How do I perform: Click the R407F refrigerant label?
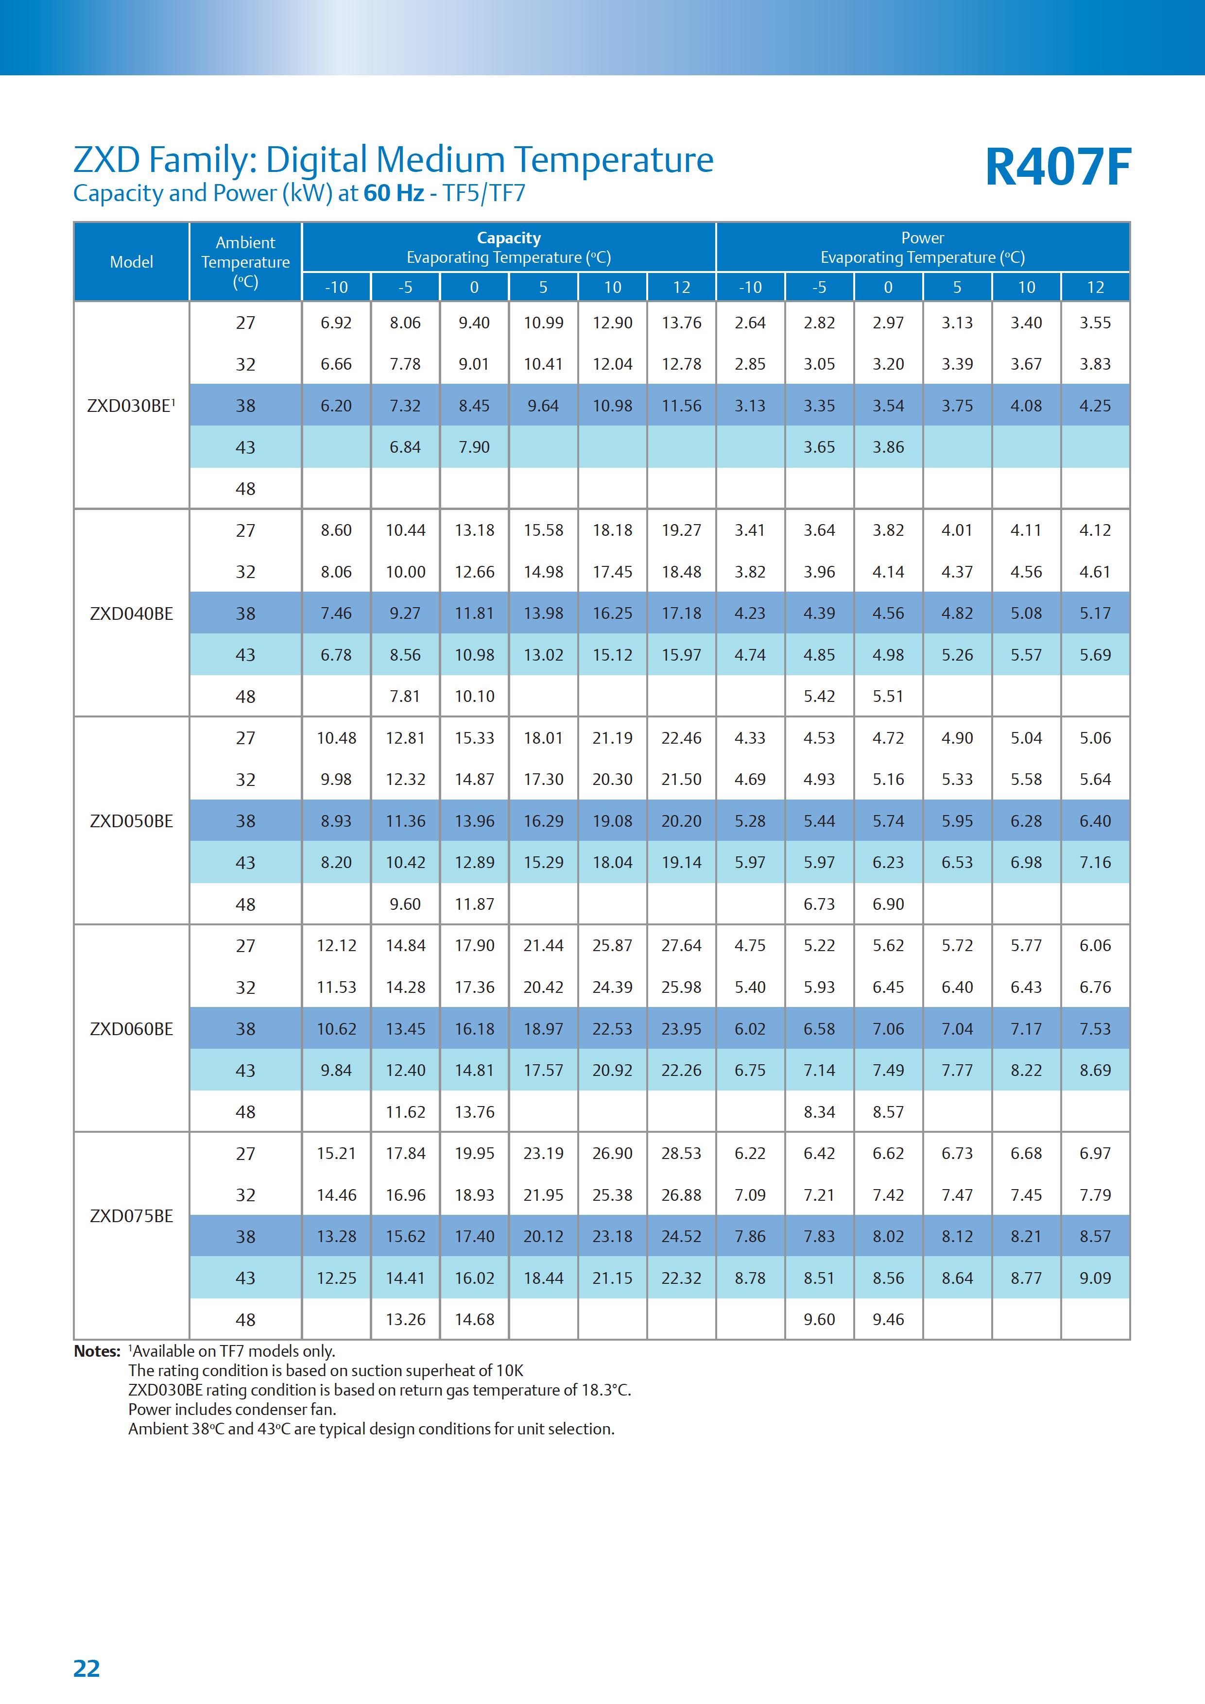(x=1057, y=167)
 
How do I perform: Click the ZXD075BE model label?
(x=131, y=1216)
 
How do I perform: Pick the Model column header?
(x=131, y=262)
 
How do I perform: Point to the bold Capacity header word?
(x=509, y=238)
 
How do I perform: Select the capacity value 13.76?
(x=682, y=323)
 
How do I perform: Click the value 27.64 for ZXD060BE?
(x=682, y=946)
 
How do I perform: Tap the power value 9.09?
(x=1095, y=1278)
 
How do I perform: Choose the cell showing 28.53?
(x=682, y=1153)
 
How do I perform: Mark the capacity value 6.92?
(x=336, y=323)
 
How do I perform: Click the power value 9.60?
(x=819, y=1320)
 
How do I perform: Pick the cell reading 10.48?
(x=336, y=738)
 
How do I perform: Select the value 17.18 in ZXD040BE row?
(x=682, y=613)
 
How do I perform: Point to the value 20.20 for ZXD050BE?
(x=682, y=821)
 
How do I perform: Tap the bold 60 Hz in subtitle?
(x=394, y=193)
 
